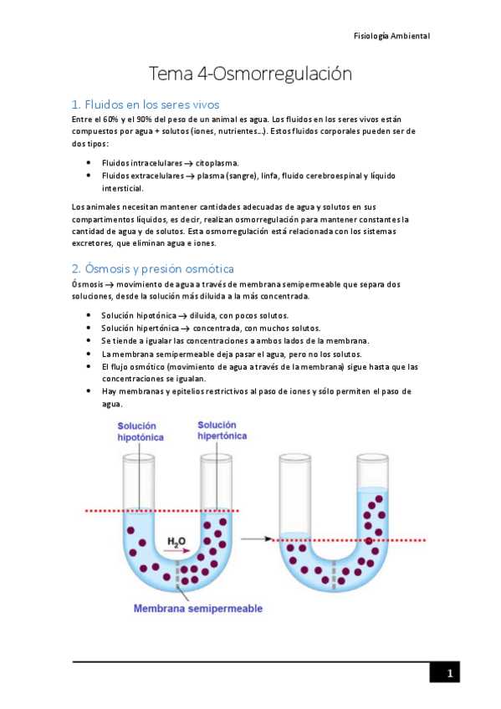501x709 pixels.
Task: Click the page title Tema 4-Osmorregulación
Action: (x=250, y=74)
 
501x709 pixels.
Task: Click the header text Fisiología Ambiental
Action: (x=392, y=36)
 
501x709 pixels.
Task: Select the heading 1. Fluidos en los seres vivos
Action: (x=146, y=105)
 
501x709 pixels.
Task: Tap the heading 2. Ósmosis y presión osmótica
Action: (x=152, y=268)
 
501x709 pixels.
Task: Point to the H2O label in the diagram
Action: (x=176, y=542)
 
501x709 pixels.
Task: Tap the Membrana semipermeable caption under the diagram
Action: (x=198, y=608)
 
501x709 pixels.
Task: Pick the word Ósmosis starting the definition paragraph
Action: (x=89, y=284)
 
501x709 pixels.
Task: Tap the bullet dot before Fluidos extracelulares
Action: (x=89, y=176)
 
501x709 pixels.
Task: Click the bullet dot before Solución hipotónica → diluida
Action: (x=89, y=315)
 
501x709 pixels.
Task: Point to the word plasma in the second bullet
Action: (x=212, y=176)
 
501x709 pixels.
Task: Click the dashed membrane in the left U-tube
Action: (x=177, y=577)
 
